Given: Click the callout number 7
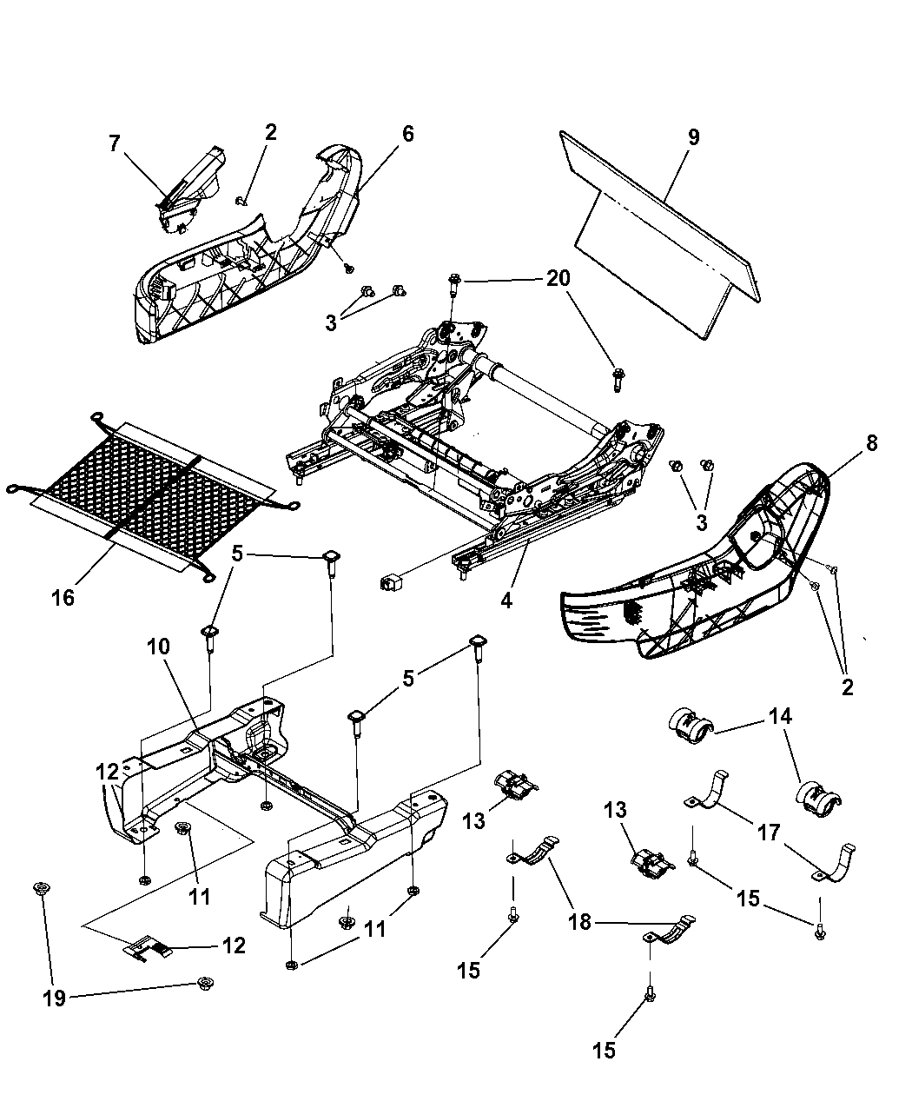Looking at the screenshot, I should click(115, 143).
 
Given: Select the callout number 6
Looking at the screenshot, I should click(407, 134).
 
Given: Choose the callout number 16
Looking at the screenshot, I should click(63, 597).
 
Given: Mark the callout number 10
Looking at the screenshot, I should click(158, 647).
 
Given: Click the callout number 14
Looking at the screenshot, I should click(780, 716).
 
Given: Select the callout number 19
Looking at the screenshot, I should click(54, 999).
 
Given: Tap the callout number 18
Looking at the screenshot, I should click(579, 922).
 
